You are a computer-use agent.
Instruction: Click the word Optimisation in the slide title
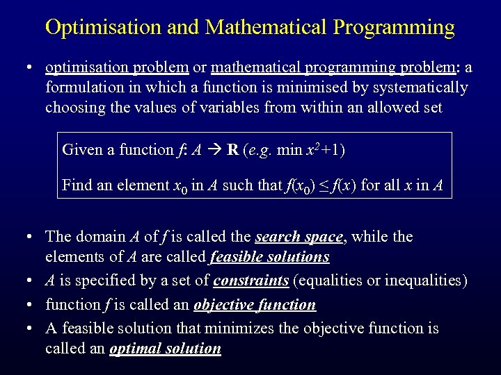(104, 28)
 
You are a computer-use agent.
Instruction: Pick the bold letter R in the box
(232, 149)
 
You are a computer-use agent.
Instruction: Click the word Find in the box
(75, 185)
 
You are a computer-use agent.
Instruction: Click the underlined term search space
(299, 237)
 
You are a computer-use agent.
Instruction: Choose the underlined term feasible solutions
(269, 257)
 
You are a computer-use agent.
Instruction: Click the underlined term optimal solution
(166, 349)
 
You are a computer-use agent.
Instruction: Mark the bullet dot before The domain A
(29, 237)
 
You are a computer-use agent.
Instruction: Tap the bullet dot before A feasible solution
(29, 328)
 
